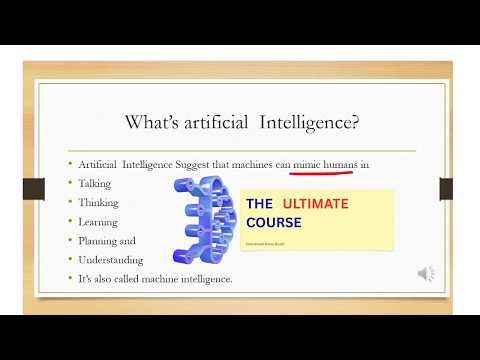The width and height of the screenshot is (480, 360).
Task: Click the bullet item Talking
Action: click(x=98, y=183)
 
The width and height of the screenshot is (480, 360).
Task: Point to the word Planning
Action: click(x=101, y=240)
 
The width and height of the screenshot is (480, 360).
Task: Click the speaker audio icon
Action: click(x=426, y=273)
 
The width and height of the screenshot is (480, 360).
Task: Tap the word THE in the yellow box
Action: click(x=259, y=204)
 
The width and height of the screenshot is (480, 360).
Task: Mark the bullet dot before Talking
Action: click(x=70, y=183)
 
